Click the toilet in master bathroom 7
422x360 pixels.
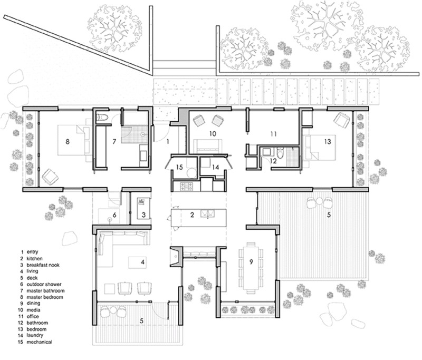103,116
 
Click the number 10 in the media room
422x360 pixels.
213,134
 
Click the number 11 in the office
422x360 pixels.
273,134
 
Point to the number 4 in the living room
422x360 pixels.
142,261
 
